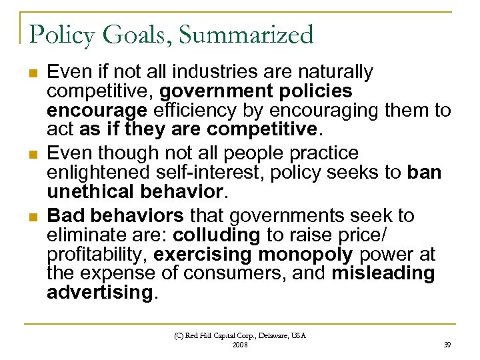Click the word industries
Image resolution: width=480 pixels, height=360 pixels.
(x=215, y=71)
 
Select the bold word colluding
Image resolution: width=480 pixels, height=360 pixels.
(x=216, y=235)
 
